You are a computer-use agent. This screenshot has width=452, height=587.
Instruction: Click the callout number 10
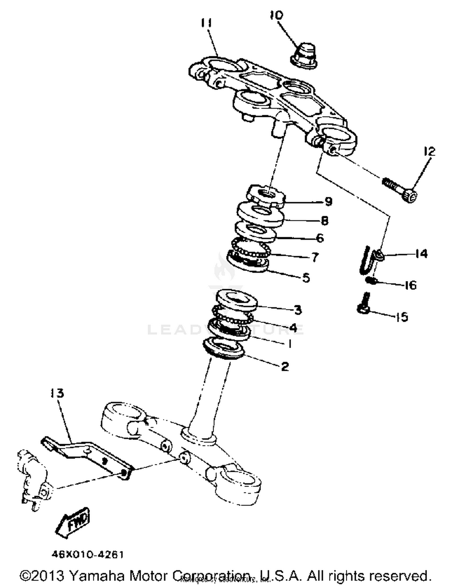276,15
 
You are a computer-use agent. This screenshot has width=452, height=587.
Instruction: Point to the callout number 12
429,151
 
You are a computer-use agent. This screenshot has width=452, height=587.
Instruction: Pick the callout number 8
324,221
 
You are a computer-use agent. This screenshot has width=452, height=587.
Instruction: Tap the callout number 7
315,257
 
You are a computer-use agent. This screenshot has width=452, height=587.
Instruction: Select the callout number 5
306,278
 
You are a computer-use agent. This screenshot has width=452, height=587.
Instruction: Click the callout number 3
298,310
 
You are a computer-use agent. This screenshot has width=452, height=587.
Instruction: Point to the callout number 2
285,367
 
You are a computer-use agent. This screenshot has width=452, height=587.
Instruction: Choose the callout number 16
410,285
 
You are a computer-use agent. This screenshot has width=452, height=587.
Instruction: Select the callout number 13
57,393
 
